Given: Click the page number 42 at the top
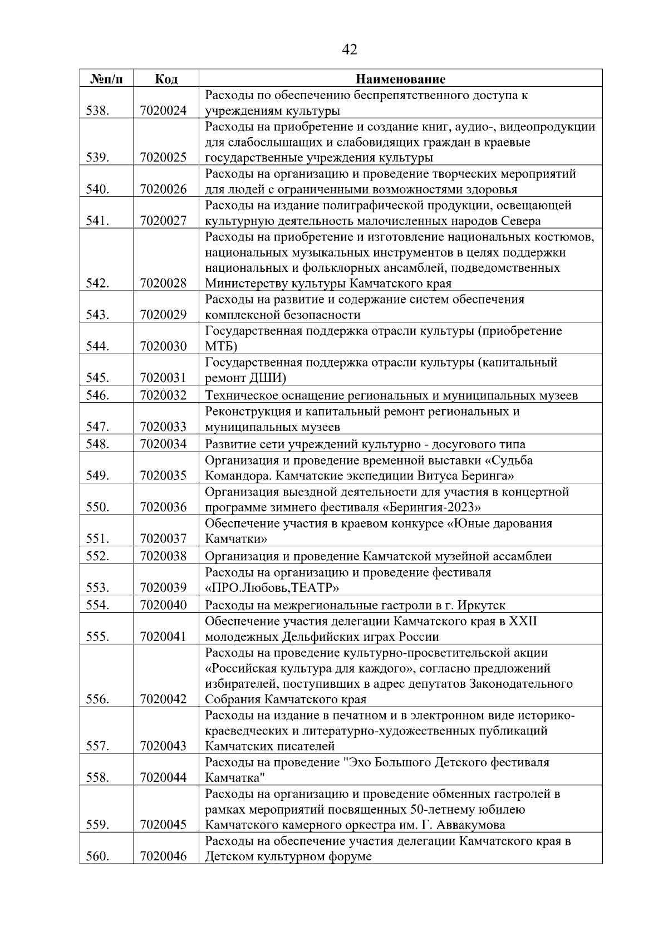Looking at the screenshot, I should point(349,50).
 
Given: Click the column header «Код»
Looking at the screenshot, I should point(166,79).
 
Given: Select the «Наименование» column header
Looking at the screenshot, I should point(401,79).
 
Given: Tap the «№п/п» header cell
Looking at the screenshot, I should point(106,79).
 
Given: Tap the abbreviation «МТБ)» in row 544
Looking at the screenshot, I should point(221,347).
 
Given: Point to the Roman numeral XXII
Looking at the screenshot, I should point(523,621).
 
